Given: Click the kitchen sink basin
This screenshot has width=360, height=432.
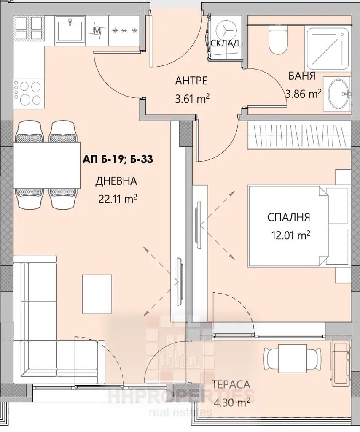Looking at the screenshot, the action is point(70,30).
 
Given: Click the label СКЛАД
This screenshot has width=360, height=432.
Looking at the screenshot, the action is point(225,43).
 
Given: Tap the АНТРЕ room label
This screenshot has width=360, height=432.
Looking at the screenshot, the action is point(191,81).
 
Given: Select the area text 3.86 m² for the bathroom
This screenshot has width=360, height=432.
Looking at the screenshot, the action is point(304,94).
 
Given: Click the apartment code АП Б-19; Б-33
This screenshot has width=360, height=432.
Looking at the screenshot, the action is point(118,159).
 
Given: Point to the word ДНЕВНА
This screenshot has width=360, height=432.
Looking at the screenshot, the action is point(116,181).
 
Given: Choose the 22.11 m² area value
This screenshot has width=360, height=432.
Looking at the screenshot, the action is point(118,199).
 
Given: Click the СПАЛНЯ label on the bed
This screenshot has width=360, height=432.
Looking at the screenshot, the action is point(288,217).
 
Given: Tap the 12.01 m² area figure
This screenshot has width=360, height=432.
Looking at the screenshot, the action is point(290,235).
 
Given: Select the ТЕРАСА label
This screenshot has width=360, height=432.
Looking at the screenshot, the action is point(231,384).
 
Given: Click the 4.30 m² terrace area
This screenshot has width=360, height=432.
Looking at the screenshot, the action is point(232,403).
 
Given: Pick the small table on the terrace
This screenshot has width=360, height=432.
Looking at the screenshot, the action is point(292,357).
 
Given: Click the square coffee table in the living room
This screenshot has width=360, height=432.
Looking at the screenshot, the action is point(97,294).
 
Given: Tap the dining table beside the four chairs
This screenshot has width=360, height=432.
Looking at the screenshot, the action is point(47,165).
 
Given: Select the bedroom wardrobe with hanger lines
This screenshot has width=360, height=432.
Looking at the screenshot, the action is point(299,136).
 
